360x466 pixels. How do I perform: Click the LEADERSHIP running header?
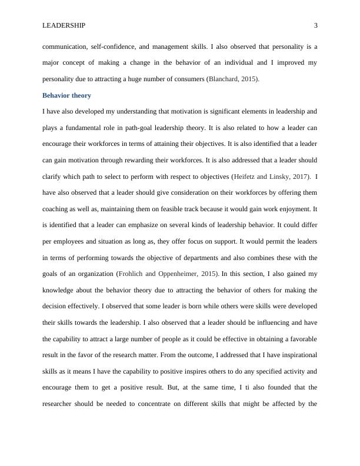(x=64, y=25)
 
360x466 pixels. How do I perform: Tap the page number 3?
(x=316, y=25)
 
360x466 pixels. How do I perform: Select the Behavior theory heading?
(x=66, y=95)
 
